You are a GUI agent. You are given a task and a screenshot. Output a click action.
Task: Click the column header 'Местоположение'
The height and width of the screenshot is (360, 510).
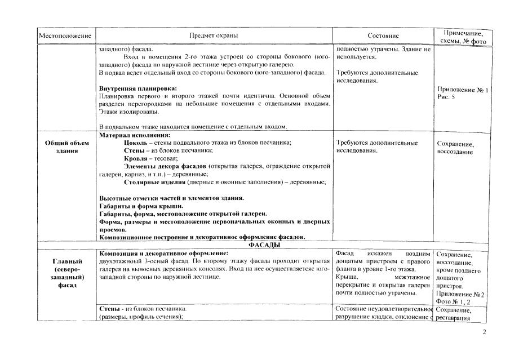pos(65,36)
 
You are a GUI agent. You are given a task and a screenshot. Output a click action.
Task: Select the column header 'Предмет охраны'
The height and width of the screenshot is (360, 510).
pos(214,35)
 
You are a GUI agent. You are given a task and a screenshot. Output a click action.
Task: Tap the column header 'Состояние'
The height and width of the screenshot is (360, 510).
pos(383,36)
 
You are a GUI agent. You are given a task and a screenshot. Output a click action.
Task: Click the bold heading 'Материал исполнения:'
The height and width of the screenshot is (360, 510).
pos(135,135)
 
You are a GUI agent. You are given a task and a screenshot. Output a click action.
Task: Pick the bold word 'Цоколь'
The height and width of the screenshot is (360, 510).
pos(137,143)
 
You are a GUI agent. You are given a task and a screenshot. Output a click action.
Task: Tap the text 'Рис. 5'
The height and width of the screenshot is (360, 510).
pos(447,97)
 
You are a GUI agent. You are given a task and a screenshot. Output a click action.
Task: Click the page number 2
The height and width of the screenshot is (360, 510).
pos(484,332)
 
